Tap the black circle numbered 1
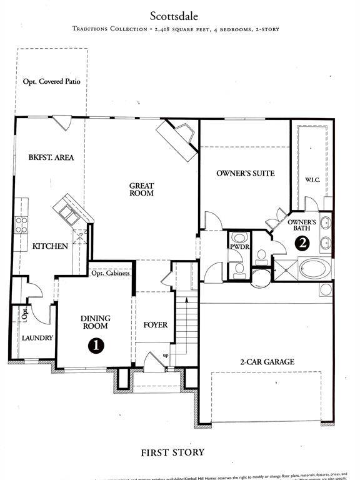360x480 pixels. tap(96, 344)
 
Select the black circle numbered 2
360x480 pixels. tap(302, 244)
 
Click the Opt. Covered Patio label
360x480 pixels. tap(51, 81)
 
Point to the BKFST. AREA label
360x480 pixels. tap(51, 157)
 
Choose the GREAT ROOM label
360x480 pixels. tap(141, 189)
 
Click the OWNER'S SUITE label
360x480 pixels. tap(245, 173)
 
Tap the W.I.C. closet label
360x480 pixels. tap(312, 180)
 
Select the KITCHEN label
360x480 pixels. tap(50, 246)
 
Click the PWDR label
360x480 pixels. tap(239, 247)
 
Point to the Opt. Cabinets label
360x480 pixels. tap(111, 273)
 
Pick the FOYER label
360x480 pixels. tap(155, 325)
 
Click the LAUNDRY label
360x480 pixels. tap(37, 338)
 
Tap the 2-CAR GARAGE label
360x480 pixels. tap(267, 362)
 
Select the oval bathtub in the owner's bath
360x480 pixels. tap(316, 269)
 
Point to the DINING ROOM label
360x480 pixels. tap(96, 322)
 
